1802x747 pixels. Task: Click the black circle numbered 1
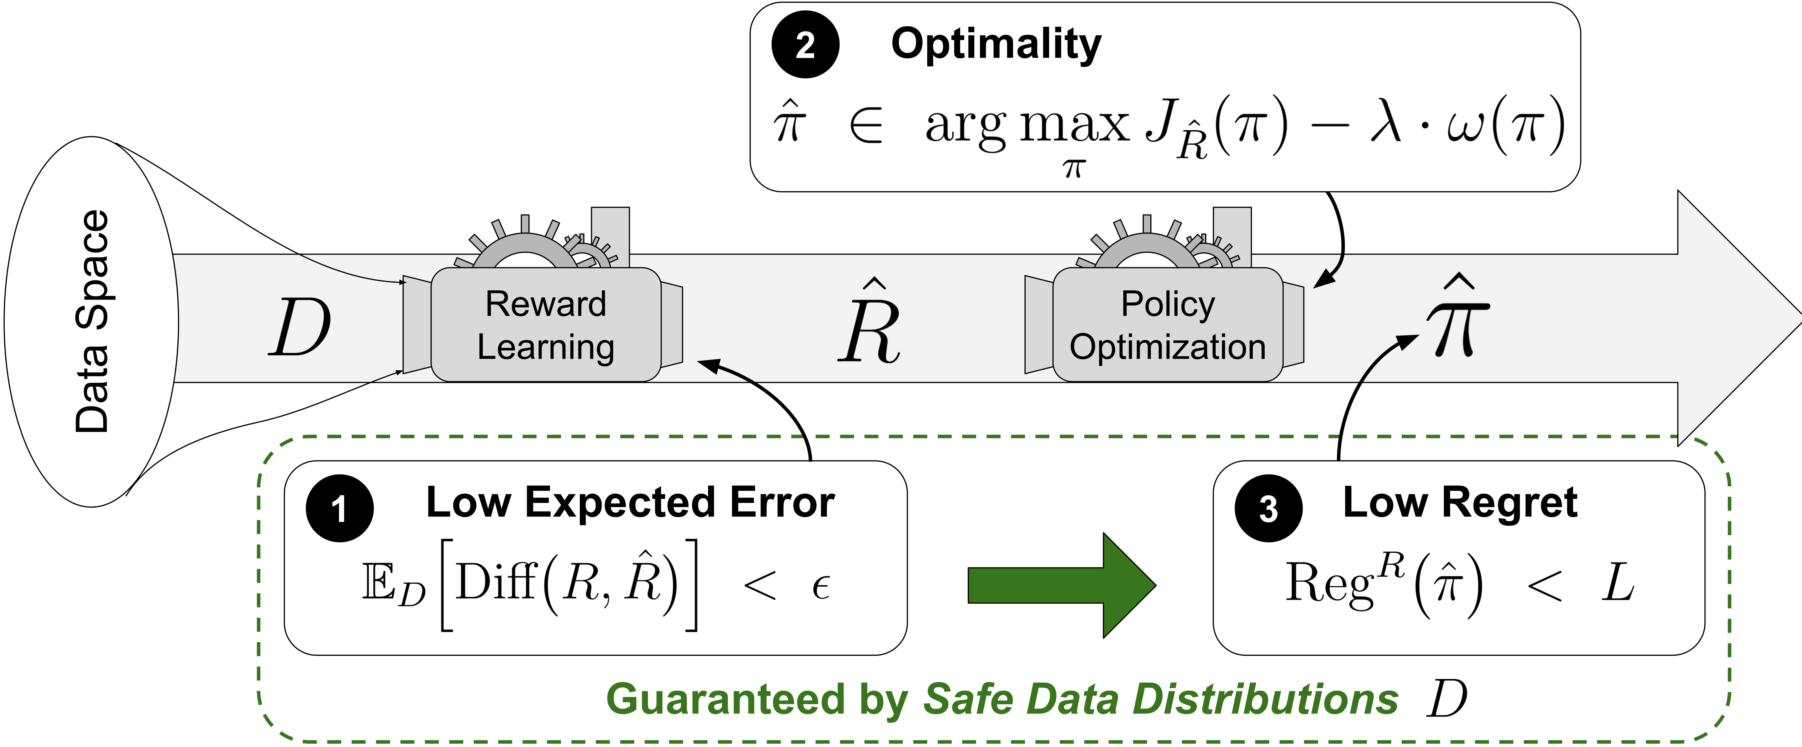pos(339,509)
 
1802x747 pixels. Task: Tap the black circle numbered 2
pos(805,45)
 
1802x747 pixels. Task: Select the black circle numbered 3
pos(1268,509)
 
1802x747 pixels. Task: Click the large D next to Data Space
pos(299,327)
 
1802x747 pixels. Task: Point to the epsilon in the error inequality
pos(821,586)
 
